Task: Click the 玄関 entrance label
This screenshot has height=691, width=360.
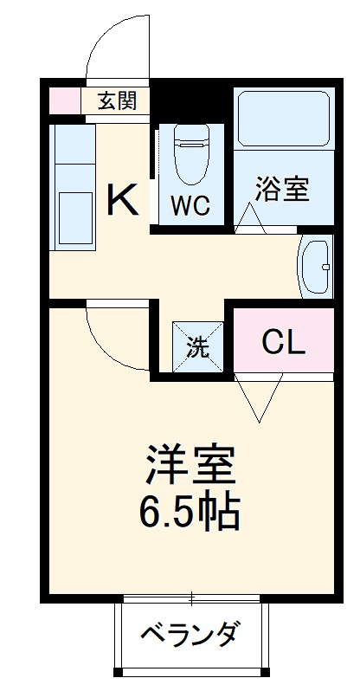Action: (116, 100)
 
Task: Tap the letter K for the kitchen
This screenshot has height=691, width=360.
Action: (122, 202)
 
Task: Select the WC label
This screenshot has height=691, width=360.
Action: (188, 207)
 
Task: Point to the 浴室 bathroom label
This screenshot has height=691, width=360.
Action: (282, 189)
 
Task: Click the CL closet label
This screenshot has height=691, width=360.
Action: (284, 344)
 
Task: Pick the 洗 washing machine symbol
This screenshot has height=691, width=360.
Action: (198, 347)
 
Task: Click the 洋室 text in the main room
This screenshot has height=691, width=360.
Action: (190, 468)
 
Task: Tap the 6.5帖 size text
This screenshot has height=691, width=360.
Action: (190, 513)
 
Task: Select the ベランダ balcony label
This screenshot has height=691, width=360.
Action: (189, 636)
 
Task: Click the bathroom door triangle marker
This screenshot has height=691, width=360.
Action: (250, 217)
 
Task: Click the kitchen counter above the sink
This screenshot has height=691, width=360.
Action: (73, 156)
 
